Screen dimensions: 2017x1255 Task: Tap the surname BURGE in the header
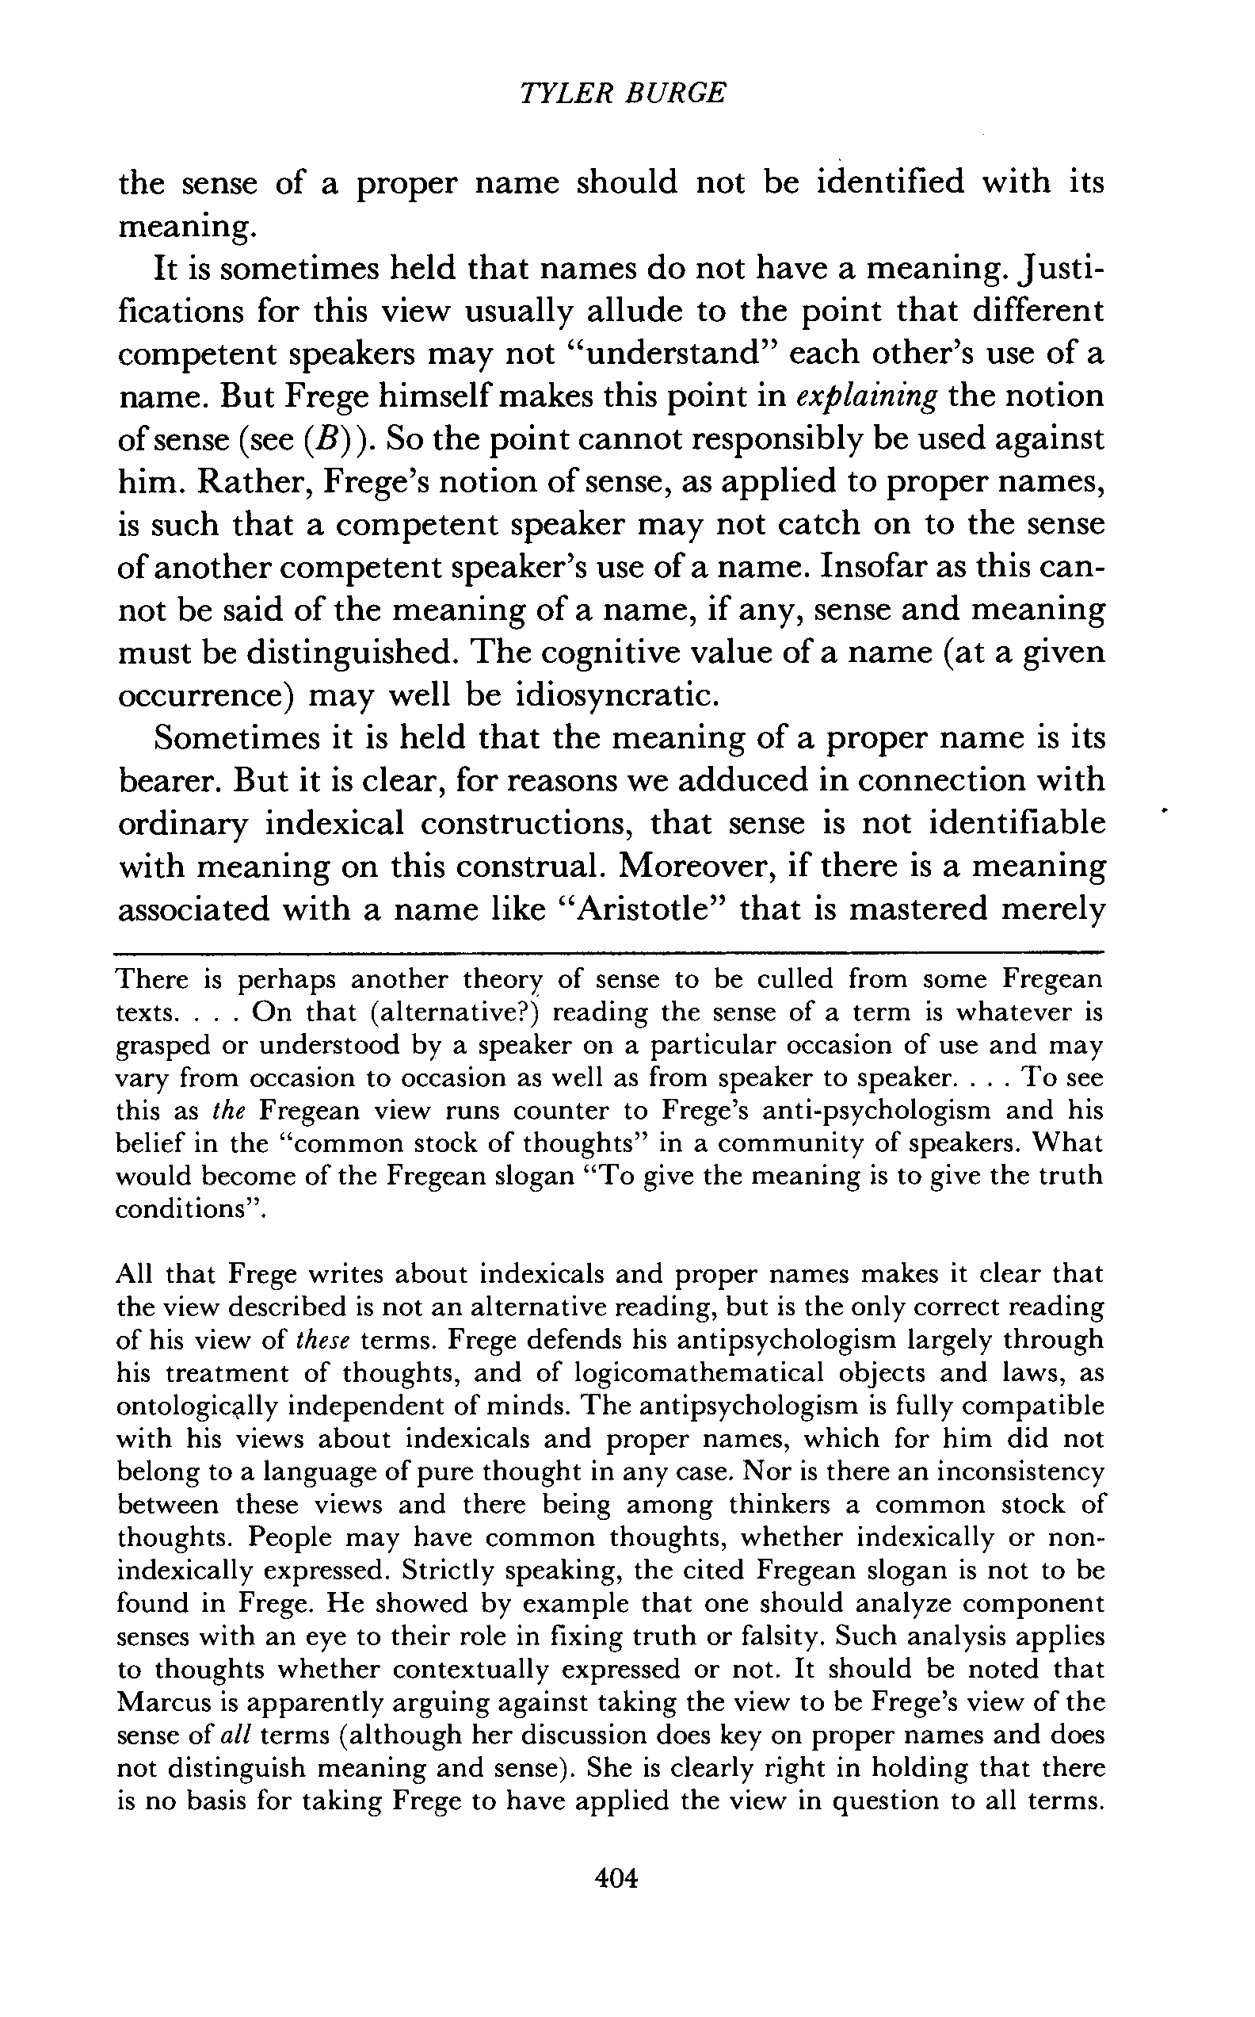point(673,92)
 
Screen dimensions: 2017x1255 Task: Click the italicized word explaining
point(867,396)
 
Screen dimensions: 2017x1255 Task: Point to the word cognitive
point(590,653)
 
